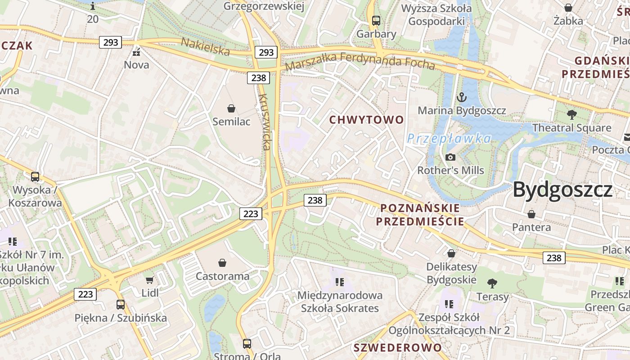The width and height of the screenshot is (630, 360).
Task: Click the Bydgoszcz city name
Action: pos(562,189)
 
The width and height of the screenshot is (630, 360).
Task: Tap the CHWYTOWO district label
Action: pos(367,120)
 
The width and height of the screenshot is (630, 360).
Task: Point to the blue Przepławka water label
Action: pos(449,139)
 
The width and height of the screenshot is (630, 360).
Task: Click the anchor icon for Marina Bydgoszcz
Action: pos(462,97)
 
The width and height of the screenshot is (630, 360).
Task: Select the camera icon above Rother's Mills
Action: pos(450,157)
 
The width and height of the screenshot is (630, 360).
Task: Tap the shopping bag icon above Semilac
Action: pos(231,108)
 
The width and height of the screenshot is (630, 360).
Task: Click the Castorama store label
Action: pos(222,276)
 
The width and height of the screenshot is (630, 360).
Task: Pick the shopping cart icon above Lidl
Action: pos(150,279)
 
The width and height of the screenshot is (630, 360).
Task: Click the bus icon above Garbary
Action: pos(376,20)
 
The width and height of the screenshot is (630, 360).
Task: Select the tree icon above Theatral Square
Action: pos(571,114)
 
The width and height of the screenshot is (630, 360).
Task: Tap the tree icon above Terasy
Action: pos(492,283)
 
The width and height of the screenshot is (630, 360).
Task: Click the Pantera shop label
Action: pos(531,227)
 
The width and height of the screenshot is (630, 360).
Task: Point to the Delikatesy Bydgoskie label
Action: pos(451,273)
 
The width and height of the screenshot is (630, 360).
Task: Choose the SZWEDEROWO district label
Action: pos(398,348)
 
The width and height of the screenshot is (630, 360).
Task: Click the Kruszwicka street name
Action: pos(265,122)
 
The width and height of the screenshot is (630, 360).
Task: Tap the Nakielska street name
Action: pos(205,47)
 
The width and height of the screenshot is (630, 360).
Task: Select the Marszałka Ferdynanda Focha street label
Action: pos(360,62)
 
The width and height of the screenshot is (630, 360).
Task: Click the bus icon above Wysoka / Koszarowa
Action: pos(35,177)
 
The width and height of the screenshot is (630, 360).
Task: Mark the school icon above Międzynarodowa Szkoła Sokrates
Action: pos(340,282)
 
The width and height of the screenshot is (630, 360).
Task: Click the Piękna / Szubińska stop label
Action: pos(121,318)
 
